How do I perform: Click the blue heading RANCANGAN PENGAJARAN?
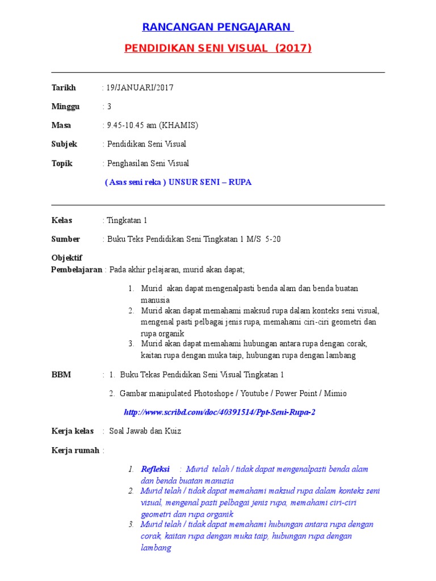point(217,27)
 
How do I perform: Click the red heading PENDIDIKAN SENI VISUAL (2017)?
point(218,48)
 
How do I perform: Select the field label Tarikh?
point(63,87)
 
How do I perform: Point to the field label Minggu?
point(65,106)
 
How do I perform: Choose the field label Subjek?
point(64,144)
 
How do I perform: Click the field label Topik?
point(62,163)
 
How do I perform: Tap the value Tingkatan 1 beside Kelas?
point(127,220)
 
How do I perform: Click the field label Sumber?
point(65,239)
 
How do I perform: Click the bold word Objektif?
point(67,258)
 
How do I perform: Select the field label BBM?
point(61,374)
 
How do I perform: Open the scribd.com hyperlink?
point(219,412)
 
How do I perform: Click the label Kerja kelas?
point(72,431)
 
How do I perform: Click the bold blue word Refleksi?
point(155,469)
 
